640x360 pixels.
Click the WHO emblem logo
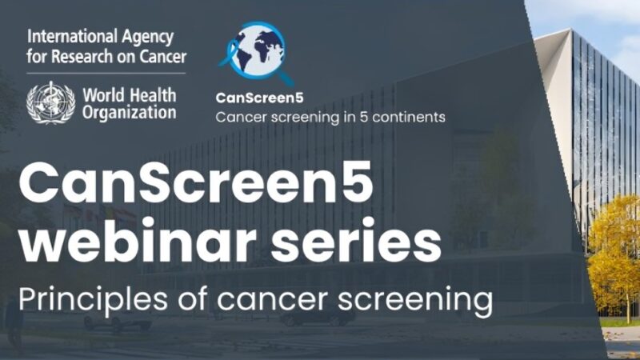[50, 102]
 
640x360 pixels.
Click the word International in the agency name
[69, 37]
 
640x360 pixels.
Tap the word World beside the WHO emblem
[103, 94]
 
